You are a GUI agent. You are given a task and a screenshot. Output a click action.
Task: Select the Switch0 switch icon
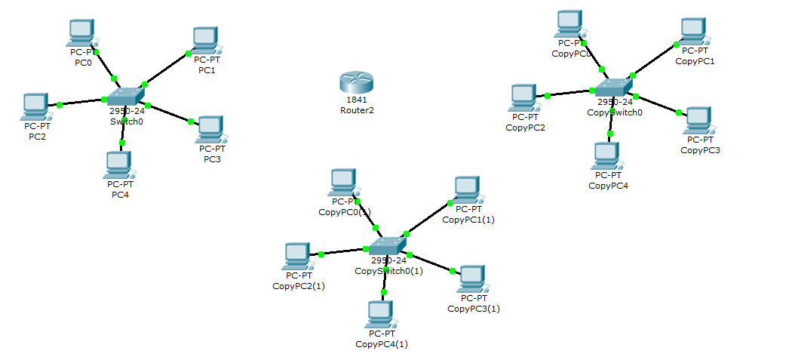tap(124, 97)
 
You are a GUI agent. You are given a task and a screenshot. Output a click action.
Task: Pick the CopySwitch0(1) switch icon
tap(387, 246)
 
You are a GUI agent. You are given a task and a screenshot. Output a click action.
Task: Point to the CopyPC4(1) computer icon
tap(381, 314)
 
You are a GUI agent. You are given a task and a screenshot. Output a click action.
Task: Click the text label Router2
tap(357, 110)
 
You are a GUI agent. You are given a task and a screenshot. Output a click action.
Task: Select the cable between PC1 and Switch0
tap(165, 69)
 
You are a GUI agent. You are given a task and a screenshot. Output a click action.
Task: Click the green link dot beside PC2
tap(59, 105)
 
